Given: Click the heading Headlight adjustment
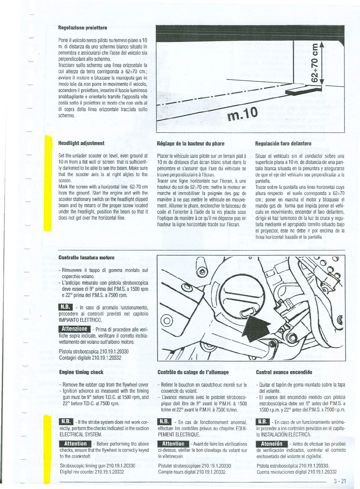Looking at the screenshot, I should [81, 143].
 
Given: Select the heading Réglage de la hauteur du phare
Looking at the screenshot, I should [190, 143].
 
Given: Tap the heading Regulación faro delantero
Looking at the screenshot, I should [283, 143].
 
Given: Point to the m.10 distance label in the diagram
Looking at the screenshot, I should [243, 114].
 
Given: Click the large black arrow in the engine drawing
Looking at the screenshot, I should [254, 328].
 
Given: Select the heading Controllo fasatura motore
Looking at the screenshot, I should [87, 257].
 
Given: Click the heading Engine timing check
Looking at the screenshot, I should [81, 372].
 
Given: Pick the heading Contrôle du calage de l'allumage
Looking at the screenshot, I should [193, 372].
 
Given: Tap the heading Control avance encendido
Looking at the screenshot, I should [284, 372].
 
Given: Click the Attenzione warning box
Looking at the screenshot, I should [75, 329].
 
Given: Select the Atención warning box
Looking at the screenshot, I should [272, 444].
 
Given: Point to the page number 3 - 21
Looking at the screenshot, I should [340, 481].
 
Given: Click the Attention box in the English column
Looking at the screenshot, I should [75, 444].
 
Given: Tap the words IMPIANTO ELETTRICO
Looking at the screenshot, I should [80, 320].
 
